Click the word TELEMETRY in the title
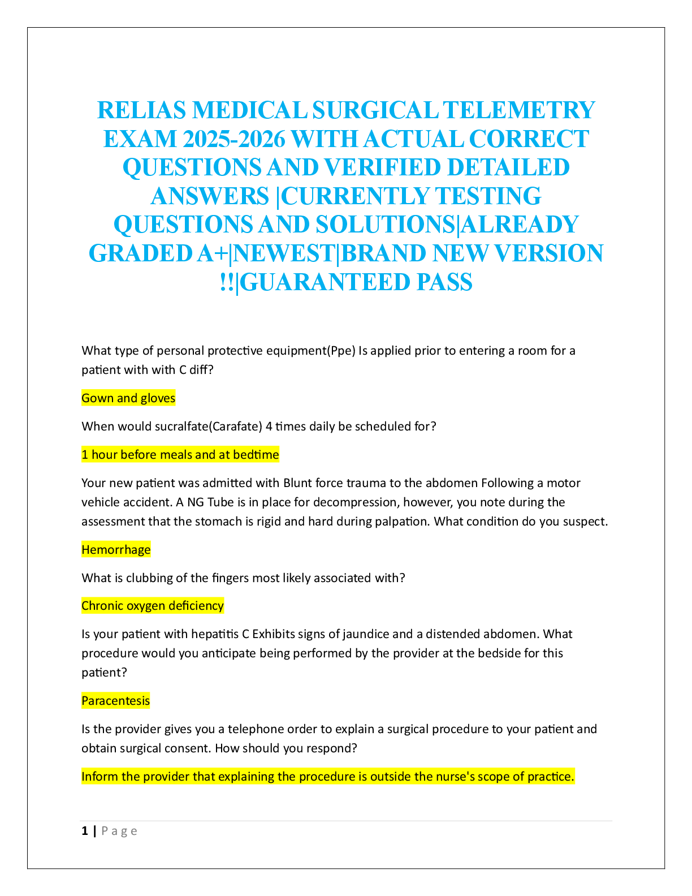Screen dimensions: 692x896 click(518, 110)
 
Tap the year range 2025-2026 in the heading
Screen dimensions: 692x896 click(234, 139)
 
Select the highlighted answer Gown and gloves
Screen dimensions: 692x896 click(128, 398)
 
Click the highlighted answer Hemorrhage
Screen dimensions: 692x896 click(116, 549)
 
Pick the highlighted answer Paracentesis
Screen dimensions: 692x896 click(115, 700)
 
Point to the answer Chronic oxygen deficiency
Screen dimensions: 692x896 click(153, 605)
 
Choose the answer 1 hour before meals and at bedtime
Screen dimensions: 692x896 click(180, 454)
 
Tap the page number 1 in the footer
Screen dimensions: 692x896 click(84, 831)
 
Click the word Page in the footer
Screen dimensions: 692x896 click(119, 832)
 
